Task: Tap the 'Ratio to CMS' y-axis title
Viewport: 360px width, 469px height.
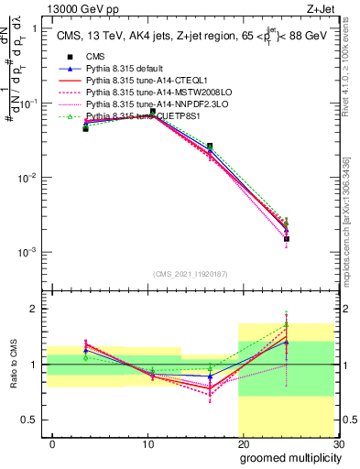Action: click(13, 365)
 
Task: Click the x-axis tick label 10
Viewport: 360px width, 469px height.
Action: click(147, 443)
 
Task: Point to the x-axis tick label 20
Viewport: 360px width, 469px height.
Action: click(243, 443)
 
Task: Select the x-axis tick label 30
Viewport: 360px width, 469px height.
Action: click(337, 443)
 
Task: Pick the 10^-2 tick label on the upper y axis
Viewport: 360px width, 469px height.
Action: click(29, 178)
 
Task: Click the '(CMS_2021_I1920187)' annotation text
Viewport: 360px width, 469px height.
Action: click(190, 274)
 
